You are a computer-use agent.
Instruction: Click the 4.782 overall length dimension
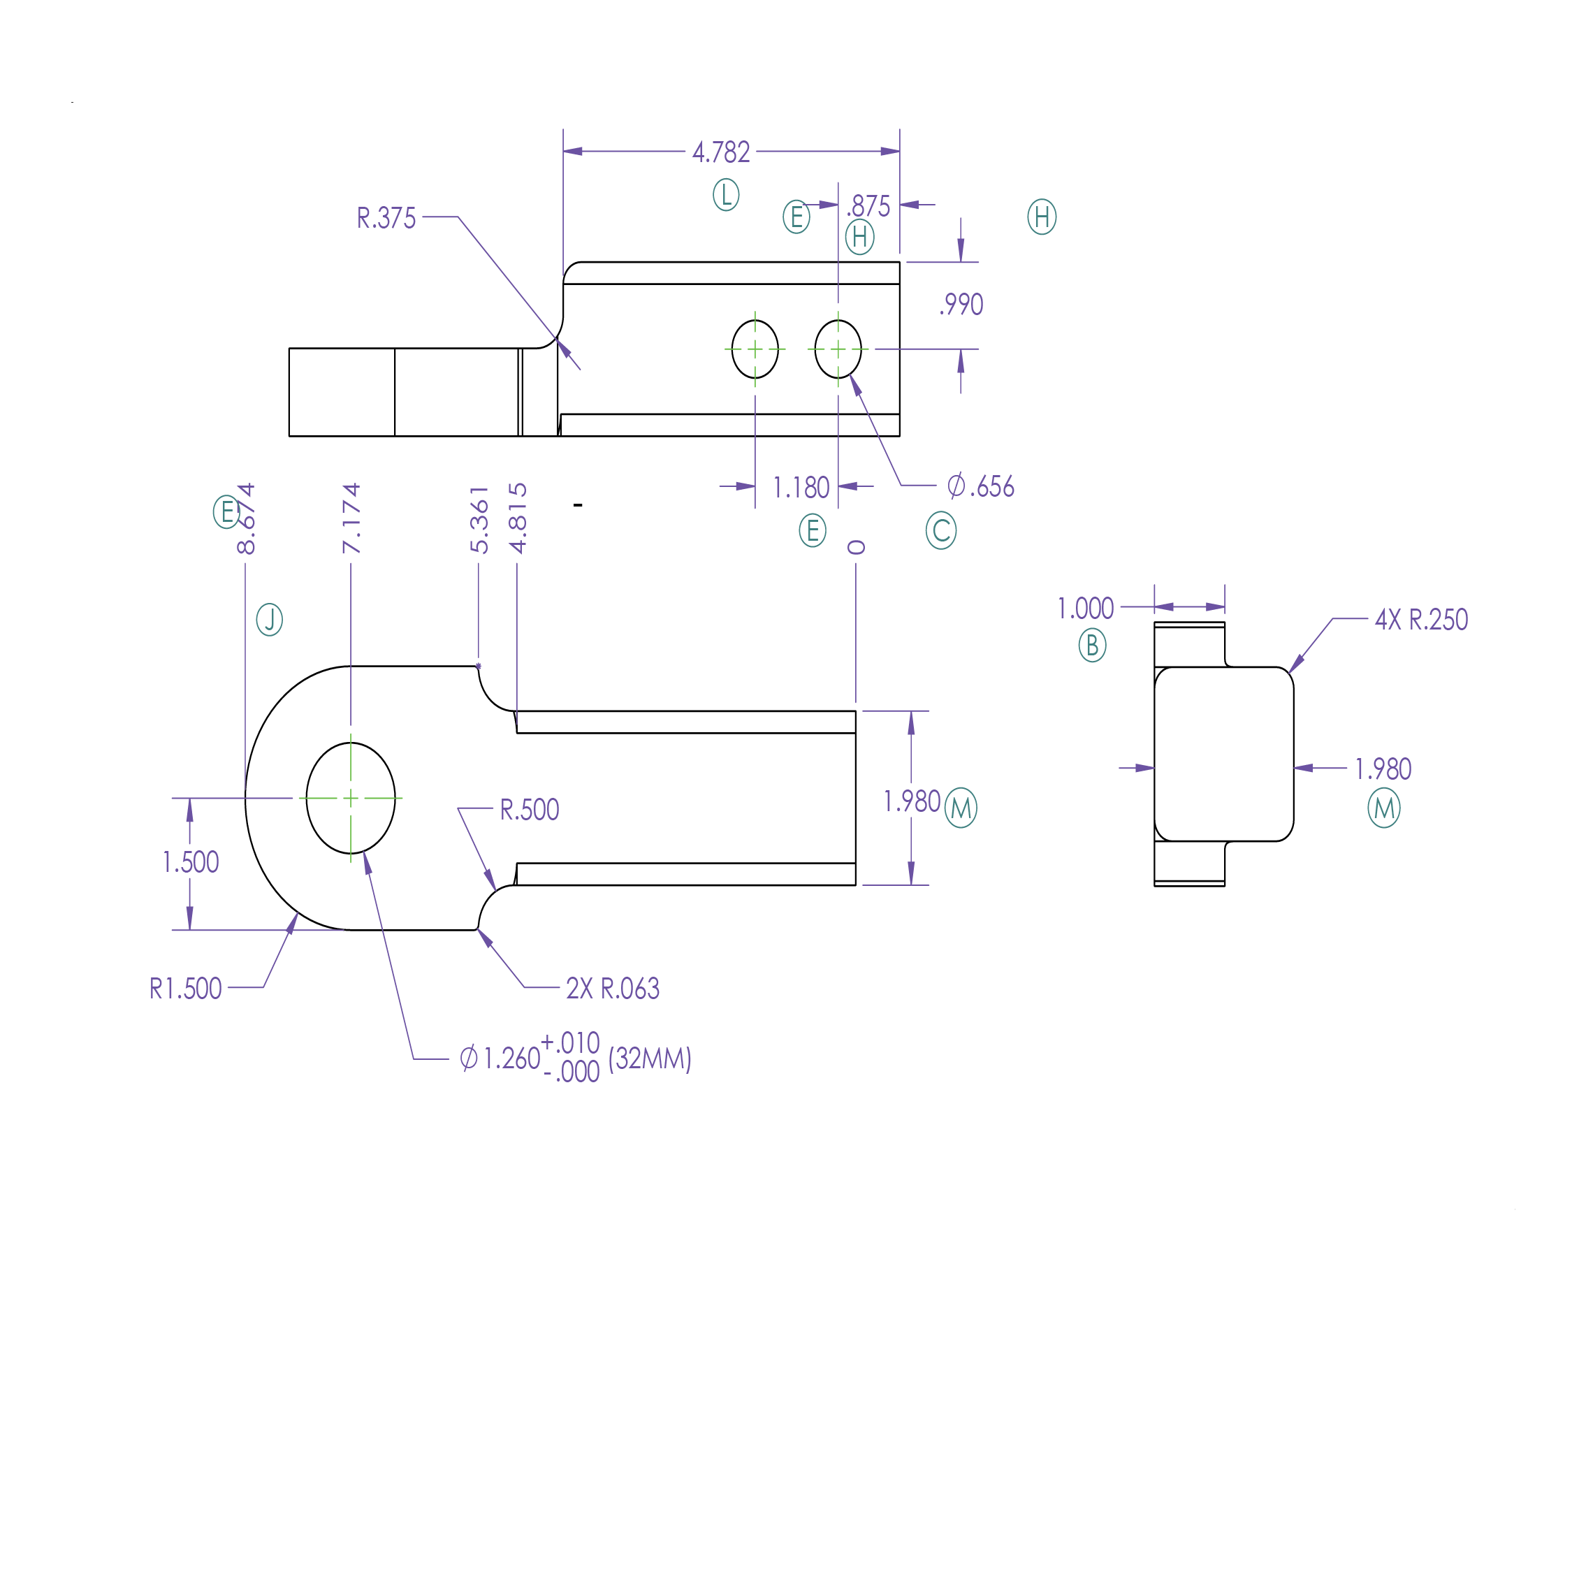coord(721,152)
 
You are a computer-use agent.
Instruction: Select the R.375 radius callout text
coord(386,218)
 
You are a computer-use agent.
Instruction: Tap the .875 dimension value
coord(869,206)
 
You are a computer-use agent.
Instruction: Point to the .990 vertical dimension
coord(962,305)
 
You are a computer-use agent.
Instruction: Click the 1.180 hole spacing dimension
coord(801,488)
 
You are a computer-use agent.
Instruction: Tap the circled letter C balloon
coord(940,530)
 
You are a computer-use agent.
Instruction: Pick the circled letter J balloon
coord(269,620)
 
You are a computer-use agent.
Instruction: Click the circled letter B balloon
coord(1092,646)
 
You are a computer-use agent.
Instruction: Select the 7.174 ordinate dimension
coord(351,518)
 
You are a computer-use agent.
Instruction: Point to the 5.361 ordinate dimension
coord(479,520)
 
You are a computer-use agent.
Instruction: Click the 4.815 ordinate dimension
coord(518,518)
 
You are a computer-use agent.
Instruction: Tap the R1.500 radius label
coord(186,989)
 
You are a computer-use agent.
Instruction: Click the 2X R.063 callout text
coord(613,989)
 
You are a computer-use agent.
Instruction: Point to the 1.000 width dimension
coord(1086,609)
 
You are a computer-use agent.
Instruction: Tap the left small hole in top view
coord(755,349)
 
